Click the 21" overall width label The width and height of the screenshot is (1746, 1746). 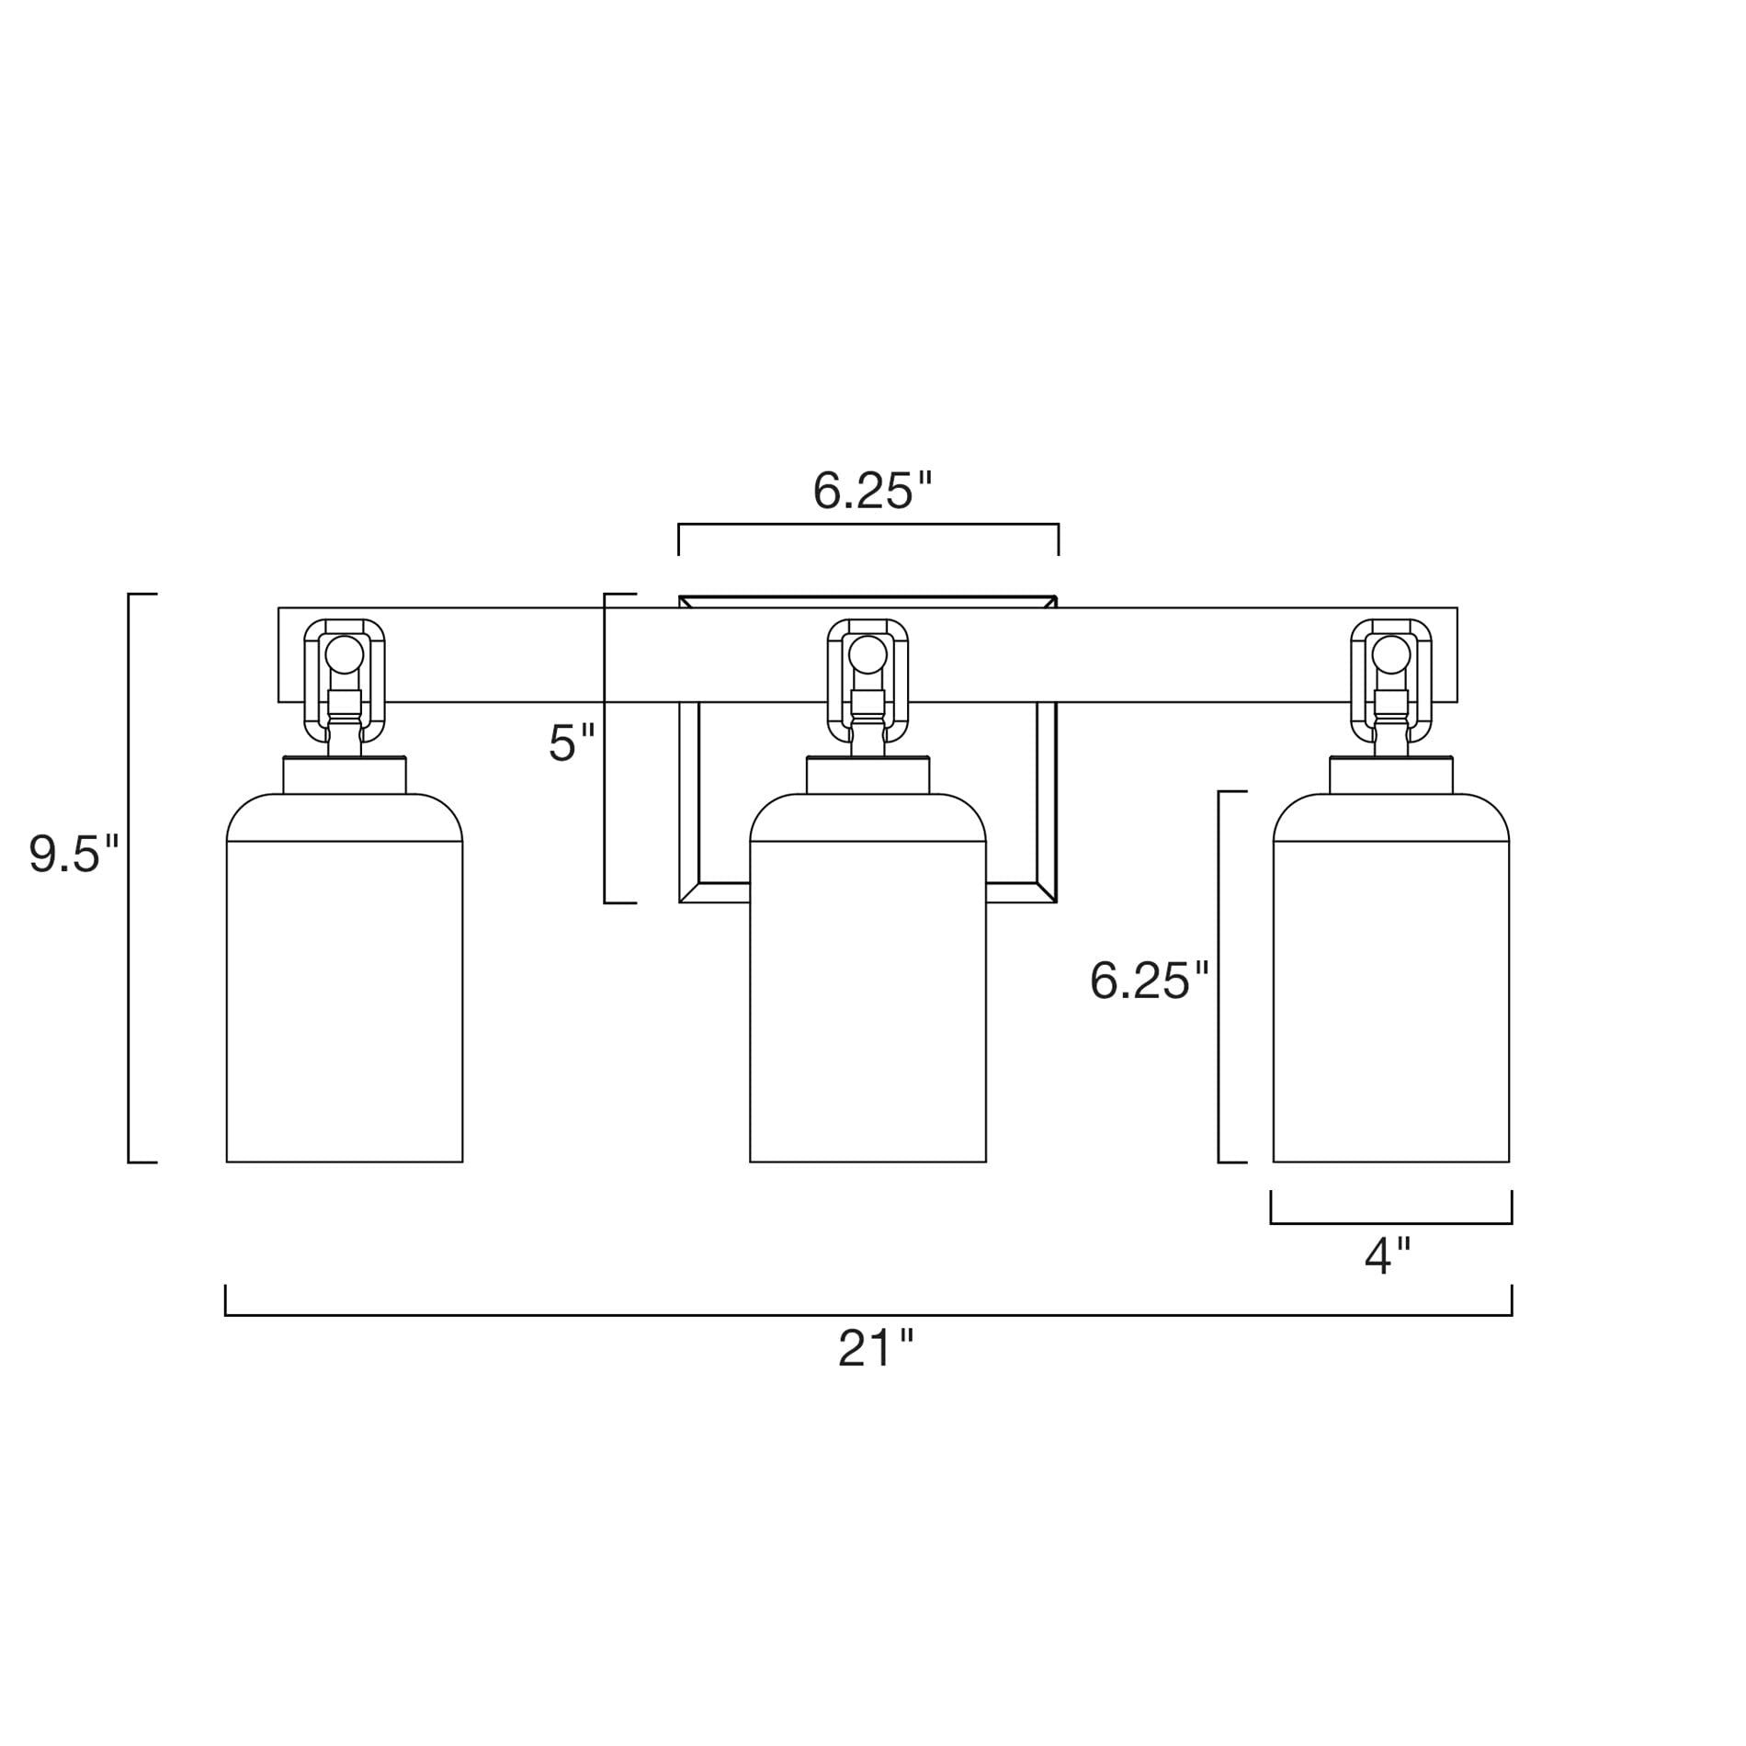point(876,1350)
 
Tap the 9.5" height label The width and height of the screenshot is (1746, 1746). point(74,856)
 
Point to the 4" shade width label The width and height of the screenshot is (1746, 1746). point(1387,1256)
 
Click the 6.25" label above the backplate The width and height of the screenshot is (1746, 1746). point(873,491)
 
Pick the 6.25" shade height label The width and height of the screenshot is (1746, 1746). point(1149,981)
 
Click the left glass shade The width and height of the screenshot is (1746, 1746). point(345,978)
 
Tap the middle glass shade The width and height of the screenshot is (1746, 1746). point(868,978)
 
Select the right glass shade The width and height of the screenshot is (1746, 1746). point(1391,978)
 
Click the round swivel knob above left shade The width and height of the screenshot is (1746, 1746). point(345,655)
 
